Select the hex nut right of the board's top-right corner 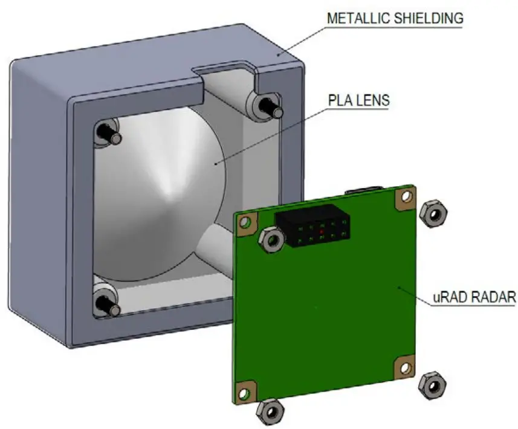[x=433, y=214]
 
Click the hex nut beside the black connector [x=271, y=240]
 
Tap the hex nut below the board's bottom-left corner [x=270, y=412]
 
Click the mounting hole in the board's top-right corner [x=406, y=197]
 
